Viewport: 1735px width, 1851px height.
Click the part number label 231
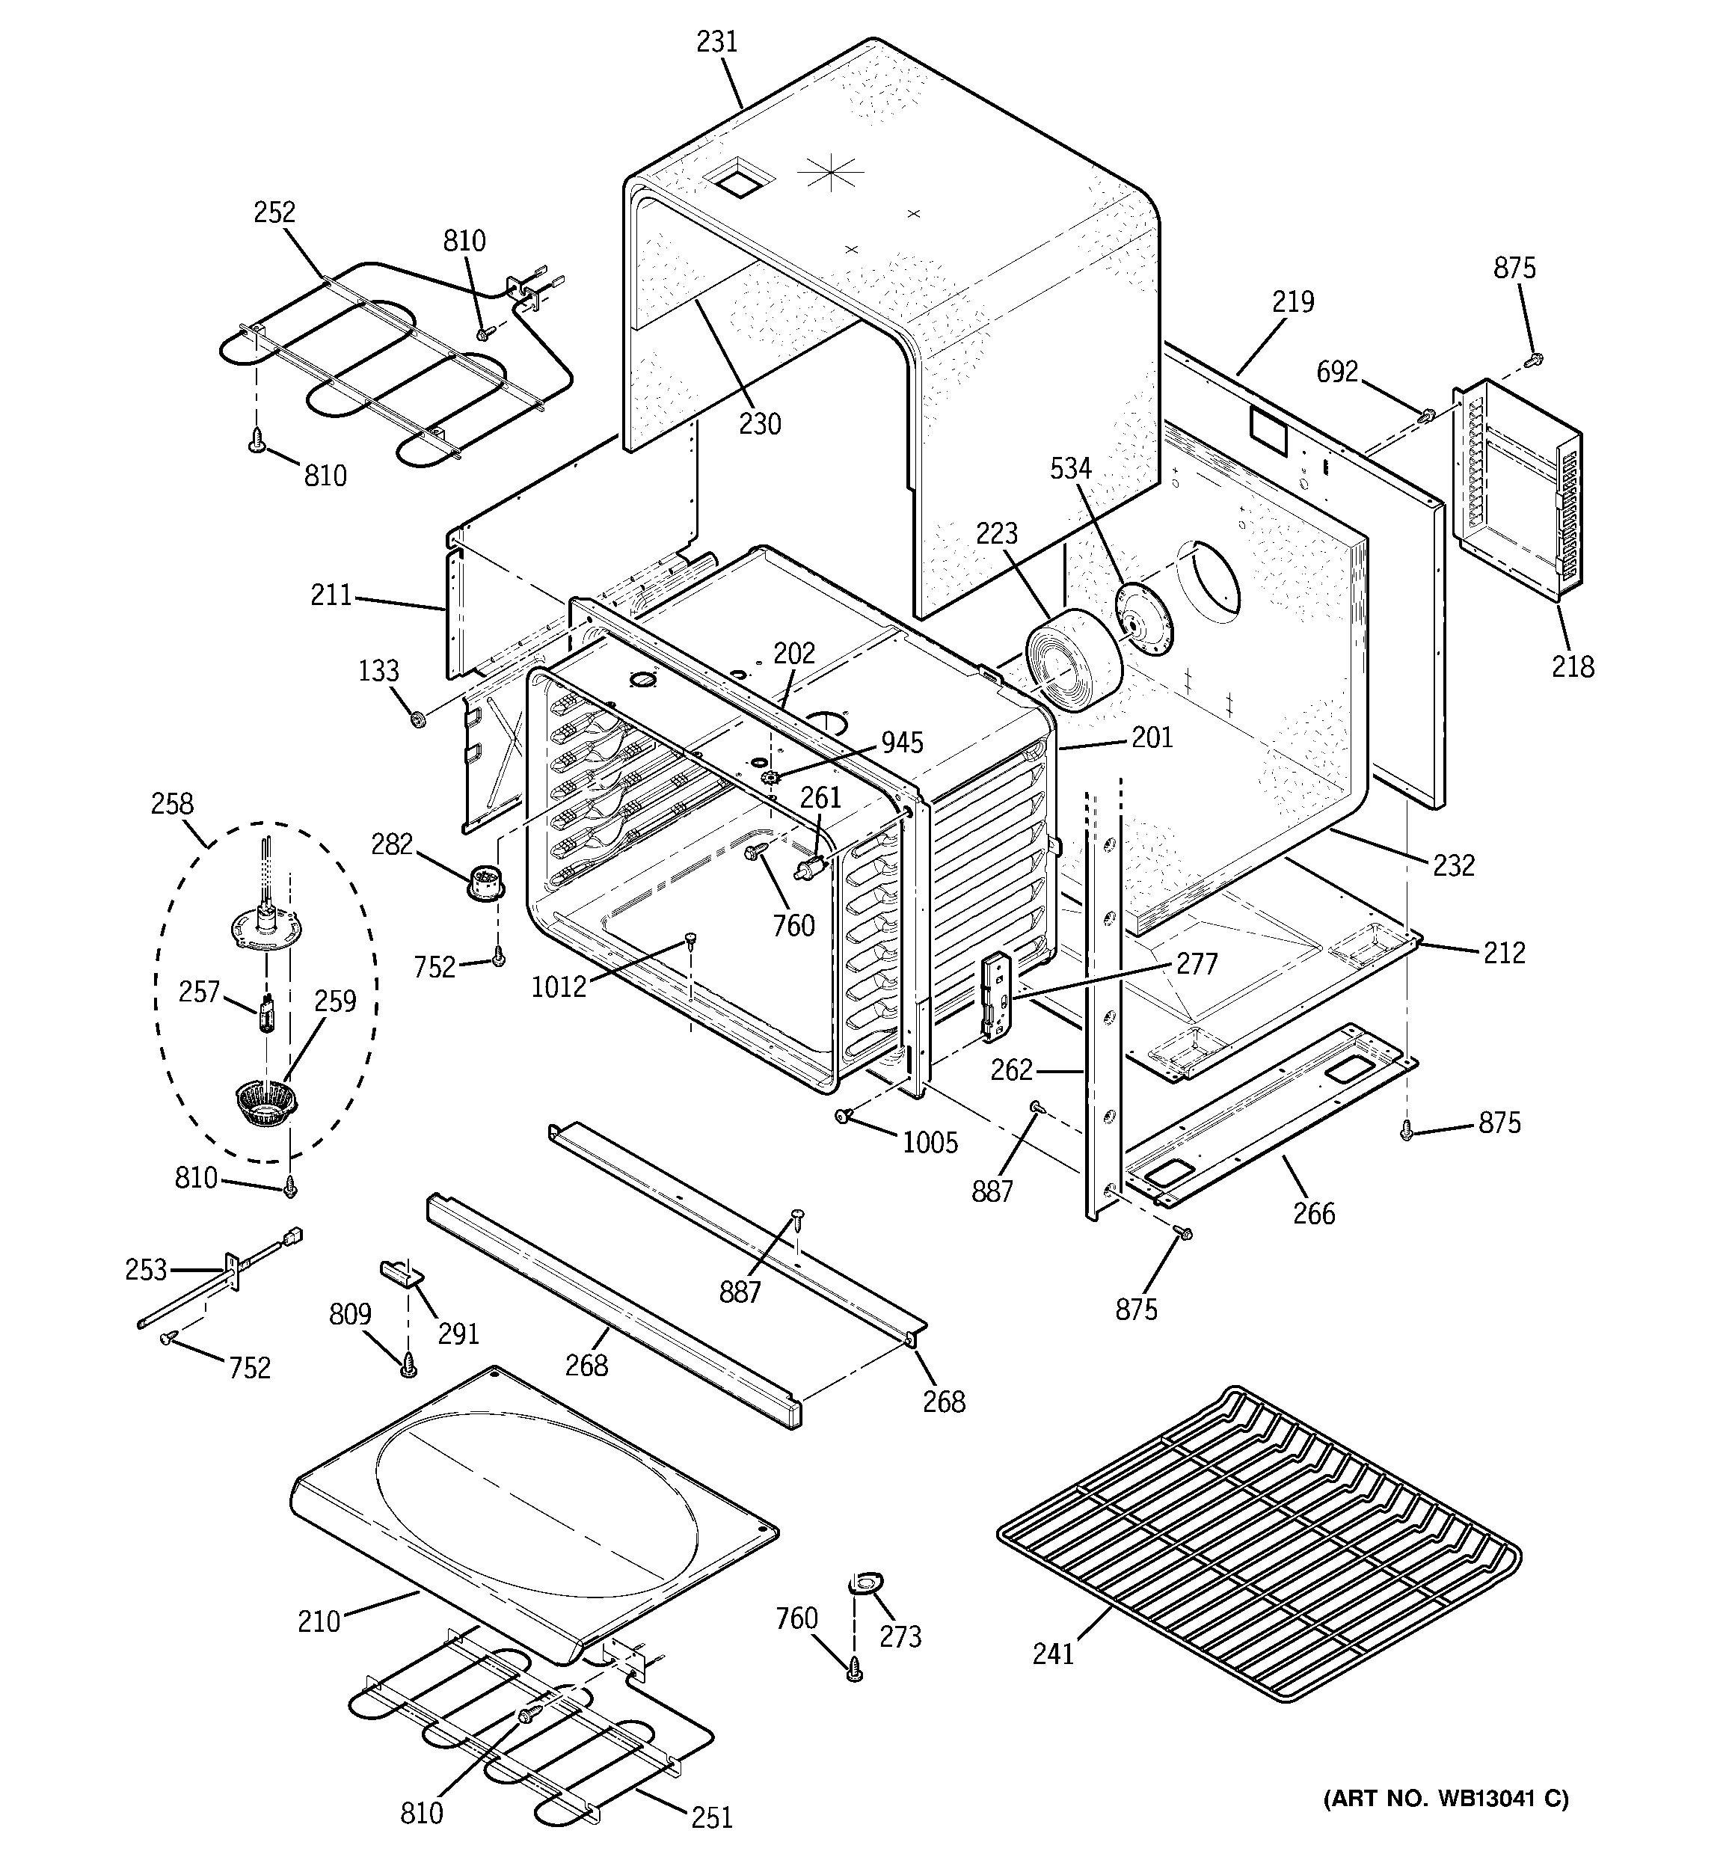pos(717,42)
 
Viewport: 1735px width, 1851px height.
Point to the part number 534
pos(1070,468)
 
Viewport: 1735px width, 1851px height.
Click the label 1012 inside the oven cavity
pos(559,986)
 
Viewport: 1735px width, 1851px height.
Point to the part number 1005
pos(930,1143)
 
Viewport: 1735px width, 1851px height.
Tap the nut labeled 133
pos(418,718)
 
